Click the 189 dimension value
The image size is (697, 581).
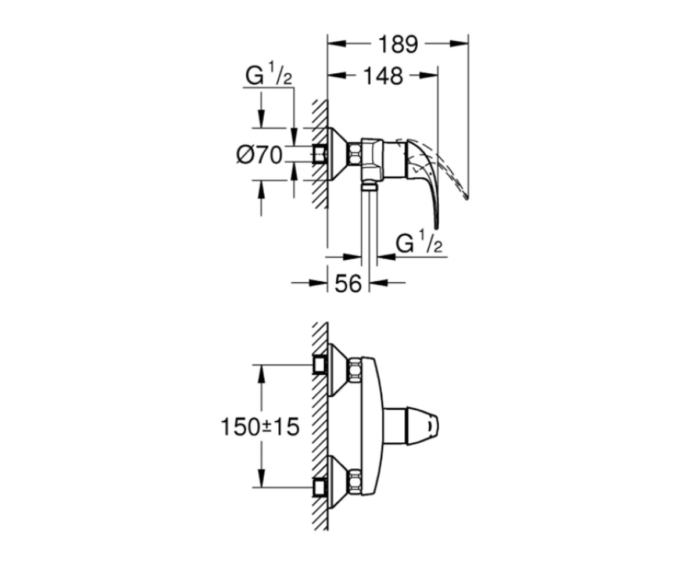[x=398, y=45]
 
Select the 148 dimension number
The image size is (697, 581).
[x=383, y=77]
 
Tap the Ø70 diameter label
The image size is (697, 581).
[x=260, y=155]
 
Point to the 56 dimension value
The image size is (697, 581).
[x=348, y=284]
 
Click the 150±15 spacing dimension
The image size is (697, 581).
[x=260, y=427]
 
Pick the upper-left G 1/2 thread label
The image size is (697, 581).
[x=269, y=77]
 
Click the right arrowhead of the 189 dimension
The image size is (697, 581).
[x=459, y=44]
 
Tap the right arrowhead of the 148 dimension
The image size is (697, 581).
[x=429, y=76]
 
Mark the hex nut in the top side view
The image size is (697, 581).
[x=355, y=155]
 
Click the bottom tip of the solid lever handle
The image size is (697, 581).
[x=437, y=227]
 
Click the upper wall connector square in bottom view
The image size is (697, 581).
[x=319, y=365]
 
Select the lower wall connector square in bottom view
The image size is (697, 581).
[x=319, y=487]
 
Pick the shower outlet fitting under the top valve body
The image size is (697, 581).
[x=369, y=187]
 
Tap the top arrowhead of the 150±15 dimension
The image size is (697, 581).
[x=261, y=374]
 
